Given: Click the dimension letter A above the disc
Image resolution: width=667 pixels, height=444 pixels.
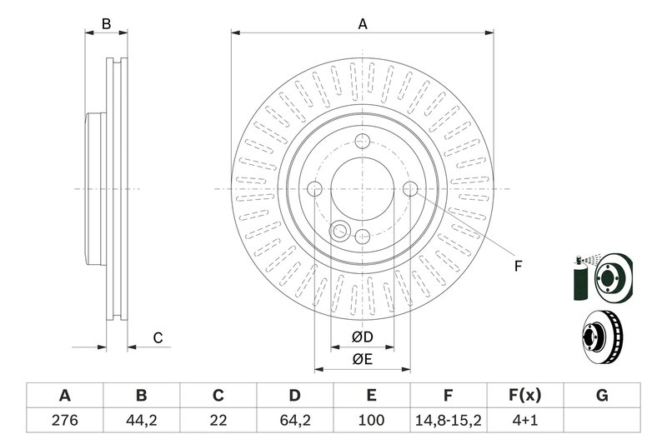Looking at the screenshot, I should pos(363,24).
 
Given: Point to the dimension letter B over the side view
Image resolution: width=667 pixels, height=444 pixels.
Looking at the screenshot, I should pos(107,24).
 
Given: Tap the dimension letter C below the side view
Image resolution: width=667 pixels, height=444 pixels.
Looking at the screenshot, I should pos(156,337).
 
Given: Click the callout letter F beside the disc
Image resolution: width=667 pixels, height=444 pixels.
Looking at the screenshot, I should pos(517,267).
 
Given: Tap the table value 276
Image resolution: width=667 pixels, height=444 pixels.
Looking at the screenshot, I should pos(64,422).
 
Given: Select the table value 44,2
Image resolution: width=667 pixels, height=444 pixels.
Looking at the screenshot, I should pos(141,422).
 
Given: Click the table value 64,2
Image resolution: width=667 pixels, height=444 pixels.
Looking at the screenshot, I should pos(294,422).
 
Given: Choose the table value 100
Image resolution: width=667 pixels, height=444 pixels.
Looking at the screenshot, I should pos(371,422).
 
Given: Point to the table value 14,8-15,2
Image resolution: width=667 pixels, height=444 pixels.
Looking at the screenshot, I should pos(448,422).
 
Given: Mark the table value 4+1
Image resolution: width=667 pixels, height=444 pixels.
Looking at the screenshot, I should pos(524,422).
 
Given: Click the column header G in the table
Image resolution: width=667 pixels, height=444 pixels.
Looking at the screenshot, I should pos(601,395).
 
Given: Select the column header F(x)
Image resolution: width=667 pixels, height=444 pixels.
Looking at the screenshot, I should pos(524,395).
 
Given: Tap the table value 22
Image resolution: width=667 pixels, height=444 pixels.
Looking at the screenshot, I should pos(218,422).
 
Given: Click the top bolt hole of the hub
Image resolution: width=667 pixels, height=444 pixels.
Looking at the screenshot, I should pos(362,141).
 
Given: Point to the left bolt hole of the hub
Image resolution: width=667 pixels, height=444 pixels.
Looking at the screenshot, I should pos(314,189).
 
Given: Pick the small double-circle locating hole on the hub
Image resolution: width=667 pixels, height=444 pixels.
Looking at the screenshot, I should pos(340,230).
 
